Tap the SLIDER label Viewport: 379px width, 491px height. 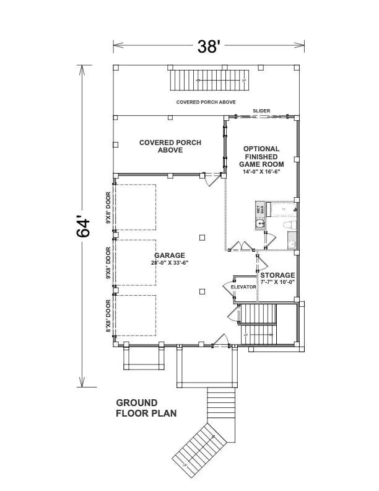tap(261, 111)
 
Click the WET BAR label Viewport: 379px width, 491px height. tap(260, 210)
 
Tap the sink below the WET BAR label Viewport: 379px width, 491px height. tap(261, 224)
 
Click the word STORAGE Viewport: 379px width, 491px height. tap(277, 275)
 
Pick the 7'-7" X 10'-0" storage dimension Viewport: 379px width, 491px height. tap(277, 282)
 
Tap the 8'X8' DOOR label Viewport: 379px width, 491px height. tap(108, 317)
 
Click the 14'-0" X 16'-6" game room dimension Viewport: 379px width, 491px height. tap(261, 172)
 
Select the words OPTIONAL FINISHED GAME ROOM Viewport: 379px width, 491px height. tap(261, 157)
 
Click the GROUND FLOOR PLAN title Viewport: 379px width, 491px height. tap(146, 407)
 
